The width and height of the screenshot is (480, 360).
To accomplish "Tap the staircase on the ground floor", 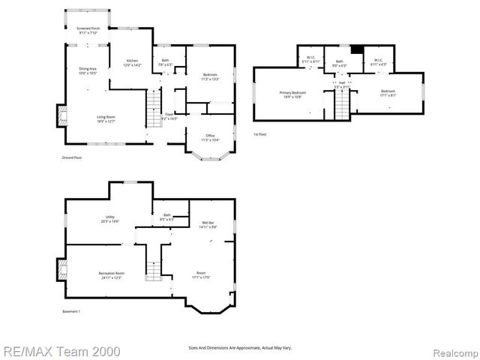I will pos(154,101).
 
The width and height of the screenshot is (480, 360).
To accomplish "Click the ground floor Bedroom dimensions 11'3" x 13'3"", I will pos(211,79).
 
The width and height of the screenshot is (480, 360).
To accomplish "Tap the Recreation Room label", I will pos(110,274).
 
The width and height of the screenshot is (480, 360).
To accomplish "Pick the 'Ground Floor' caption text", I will pos(72,158).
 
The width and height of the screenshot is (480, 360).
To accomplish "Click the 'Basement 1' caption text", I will pos(71,311).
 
